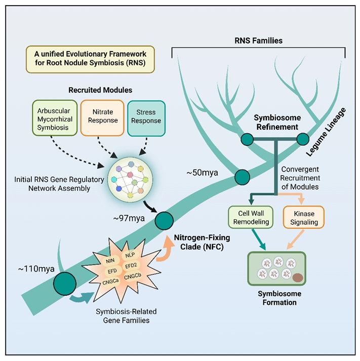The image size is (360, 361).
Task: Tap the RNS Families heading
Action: (259, 39)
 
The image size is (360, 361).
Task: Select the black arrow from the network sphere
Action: (149, 206)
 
